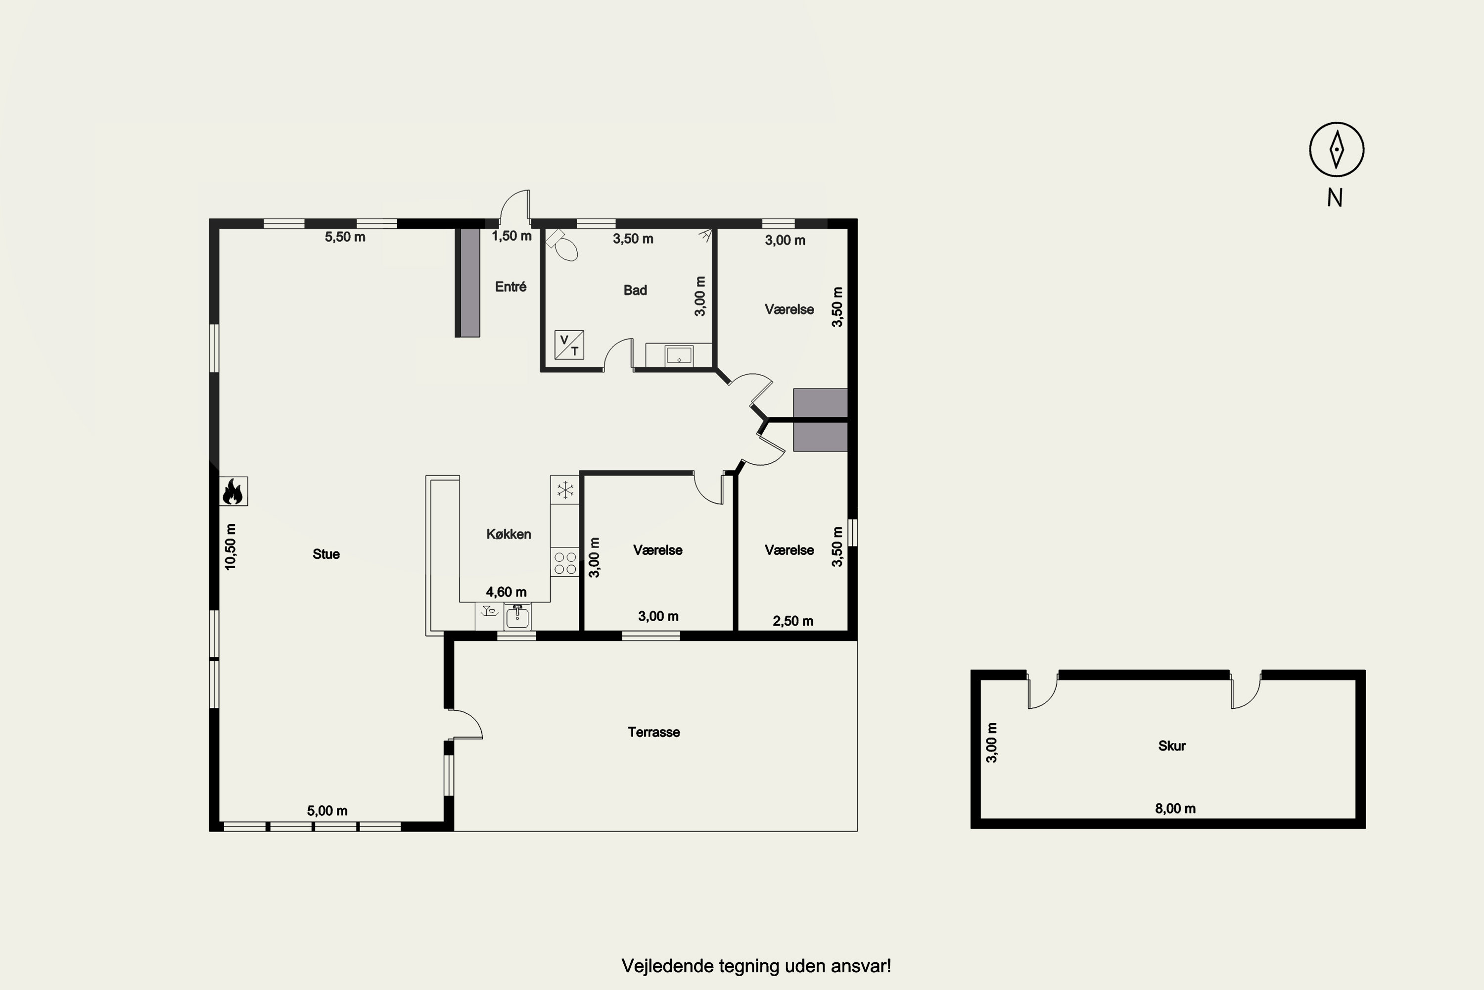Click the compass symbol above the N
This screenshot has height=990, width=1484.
1337,149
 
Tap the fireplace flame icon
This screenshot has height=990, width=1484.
233,491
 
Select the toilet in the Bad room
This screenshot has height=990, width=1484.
563,246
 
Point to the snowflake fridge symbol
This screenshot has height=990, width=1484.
565,490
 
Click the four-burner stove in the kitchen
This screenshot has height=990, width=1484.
565,562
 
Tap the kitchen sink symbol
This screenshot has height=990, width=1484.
517,616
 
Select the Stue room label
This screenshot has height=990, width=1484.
326,554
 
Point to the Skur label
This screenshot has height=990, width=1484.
1172,745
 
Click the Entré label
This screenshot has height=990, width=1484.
510,287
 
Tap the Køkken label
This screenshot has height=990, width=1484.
509,534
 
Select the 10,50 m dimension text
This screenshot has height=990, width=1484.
231,547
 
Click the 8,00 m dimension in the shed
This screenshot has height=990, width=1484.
1175,809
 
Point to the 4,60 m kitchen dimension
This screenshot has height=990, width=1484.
506,592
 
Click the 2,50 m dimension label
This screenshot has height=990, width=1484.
793,621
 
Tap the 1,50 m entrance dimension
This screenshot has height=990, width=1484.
511,236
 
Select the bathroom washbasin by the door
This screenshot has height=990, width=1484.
679,355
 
